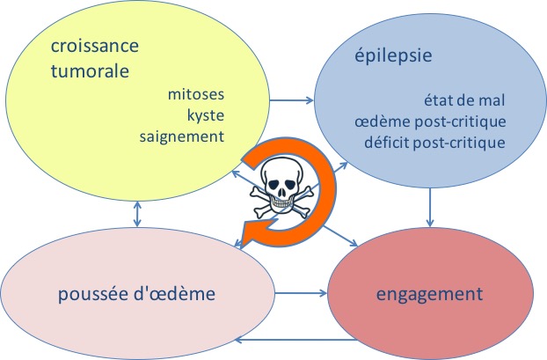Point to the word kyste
(x=206, y=114)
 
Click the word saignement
(x=182, y=136)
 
